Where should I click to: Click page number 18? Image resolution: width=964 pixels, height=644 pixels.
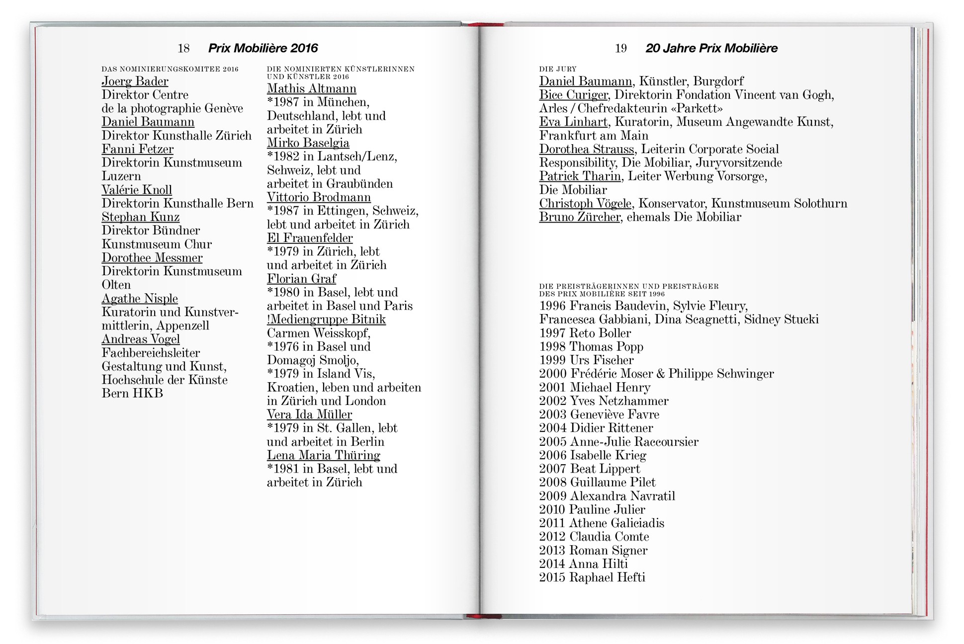coord(183,48)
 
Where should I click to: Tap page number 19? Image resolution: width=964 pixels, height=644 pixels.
coord(620,48)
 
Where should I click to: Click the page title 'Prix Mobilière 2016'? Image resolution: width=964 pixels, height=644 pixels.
coord(263,48)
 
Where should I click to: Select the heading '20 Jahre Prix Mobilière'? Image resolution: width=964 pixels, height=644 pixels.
coord(711,48)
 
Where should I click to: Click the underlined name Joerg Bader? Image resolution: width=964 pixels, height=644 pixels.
coord(135,81)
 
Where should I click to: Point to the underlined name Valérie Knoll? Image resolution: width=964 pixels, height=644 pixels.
coord(137,190)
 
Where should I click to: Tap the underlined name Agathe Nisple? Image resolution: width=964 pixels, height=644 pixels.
coord(140,299)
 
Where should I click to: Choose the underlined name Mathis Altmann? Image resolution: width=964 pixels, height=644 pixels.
coord(311,89)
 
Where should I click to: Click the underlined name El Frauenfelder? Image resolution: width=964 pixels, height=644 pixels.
coord(310,238)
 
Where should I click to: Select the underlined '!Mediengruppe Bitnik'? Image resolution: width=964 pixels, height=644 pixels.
coord(326,320)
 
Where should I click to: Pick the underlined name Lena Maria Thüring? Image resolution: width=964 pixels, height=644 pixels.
coord(323,455)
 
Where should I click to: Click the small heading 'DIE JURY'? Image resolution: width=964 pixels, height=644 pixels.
coord(558,69)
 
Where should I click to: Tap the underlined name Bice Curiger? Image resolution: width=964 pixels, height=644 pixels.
coord(573,95)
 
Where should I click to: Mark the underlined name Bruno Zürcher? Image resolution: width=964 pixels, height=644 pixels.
coord(580,217)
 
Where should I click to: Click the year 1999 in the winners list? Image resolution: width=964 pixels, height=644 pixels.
coord(552,360)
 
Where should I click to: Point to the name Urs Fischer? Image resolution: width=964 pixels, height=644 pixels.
coord(602,360)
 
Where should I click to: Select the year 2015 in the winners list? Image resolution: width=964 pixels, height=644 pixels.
coord(552,577)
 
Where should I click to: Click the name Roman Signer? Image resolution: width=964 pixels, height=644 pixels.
coord(608,551)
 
